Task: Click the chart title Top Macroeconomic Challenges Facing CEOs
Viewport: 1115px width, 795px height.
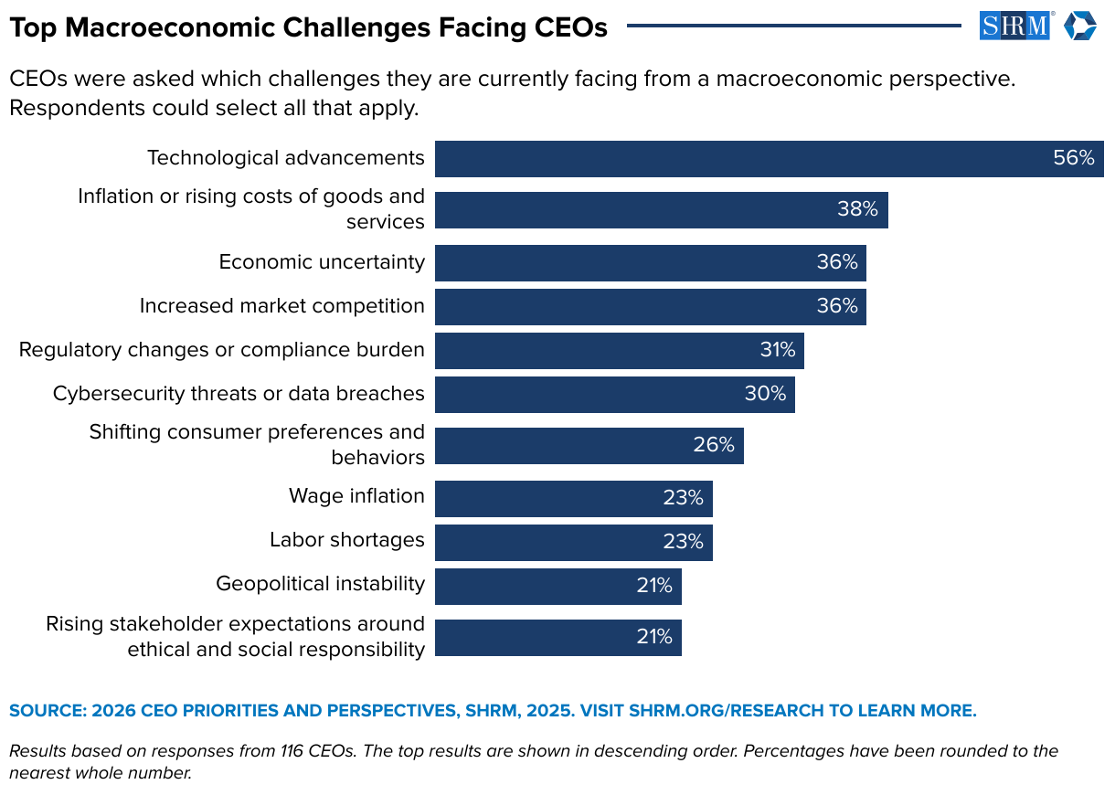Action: [308, 27]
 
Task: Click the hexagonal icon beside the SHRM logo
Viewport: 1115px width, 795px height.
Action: [1079, 26]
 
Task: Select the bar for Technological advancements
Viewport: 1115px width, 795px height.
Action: [731, 158]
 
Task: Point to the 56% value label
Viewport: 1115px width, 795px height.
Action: [1073, 158]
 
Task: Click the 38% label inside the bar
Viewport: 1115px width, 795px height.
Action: [857, 209]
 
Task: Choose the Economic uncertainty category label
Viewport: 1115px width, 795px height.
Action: [322, 262]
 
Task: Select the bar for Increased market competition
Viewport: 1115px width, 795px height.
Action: [640, 306]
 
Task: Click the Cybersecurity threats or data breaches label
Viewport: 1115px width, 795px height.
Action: [239, 394]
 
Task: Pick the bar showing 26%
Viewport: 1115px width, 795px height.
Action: [585, 445]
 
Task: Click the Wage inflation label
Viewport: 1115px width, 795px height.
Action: [356, 496]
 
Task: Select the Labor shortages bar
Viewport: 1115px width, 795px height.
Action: [567, 542]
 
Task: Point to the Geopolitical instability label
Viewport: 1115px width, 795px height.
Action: [320, 584]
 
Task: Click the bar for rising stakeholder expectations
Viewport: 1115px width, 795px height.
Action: [548, 637]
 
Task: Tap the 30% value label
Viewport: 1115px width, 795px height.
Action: [765, 394]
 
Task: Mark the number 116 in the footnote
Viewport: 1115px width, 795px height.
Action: [292, 751]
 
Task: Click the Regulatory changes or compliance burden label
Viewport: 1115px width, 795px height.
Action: [221, 350]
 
